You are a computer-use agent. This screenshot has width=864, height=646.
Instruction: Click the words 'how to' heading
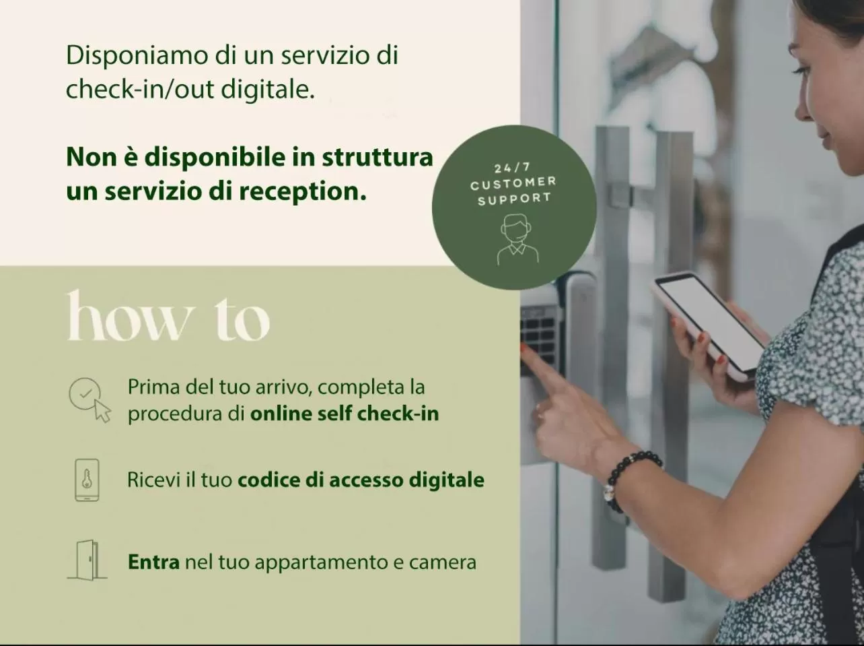click(x=168, y=317)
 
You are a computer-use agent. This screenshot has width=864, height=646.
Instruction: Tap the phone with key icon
click(x=87, y=480)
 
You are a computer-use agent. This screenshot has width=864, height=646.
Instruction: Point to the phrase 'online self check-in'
click(x=344, y=413)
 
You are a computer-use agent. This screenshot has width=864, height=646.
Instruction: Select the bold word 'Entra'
click(x=153, y=562)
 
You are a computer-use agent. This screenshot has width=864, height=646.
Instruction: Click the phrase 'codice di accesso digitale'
click(x=361, y=480)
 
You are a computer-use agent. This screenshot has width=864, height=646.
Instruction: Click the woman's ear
click(x=851, y=74)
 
